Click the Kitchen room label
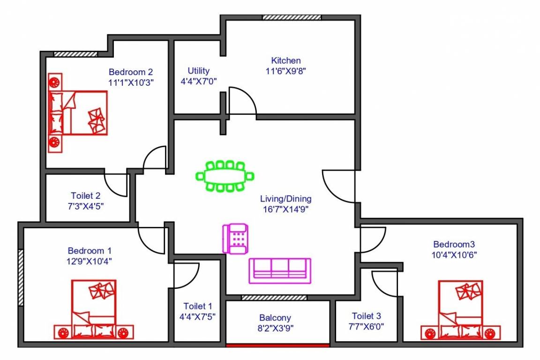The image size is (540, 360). pos(286,60)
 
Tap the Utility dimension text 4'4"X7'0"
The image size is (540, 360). pos(198,81)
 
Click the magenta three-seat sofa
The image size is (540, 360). pos(279,270)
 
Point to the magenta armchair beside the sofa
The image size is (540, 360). pos(235,239)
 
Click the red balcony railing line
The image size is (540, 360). pos(277,345)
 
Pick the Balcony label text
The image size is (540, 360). pos(275,318)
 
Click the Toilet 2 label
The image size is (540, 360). pos(85,195)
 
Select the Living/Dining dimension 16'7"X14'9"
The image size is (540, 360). pos(286,210)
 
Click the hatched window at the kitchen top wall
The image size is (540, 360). pos(291,17)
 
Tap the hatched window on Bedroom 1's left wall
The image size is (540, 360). pos(21,277)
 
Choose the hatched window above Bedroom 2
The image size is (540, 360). pos(75,54)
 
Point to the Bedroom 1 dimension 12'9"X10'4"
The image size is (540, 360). pos(90,261)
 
